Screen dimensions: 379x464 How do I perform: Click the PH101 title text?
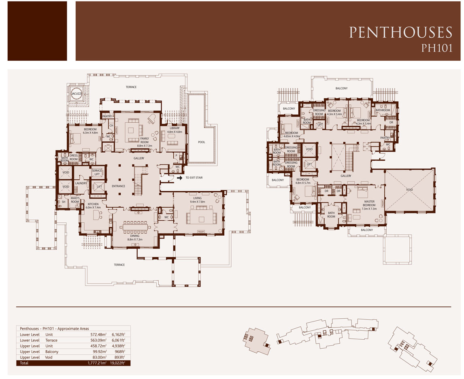(436, 48)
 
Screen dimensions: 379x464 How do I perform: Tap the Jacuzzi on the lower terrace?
(76, 94)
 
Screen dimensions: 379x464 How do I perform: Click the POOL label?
(202, 143)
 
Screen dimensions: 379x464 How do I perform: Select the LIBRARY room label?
(175, 128)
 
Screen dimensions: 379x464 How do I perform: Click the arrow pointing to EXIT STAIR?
(179, 177)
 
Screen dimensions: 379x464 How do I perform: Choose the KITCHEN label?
(93, 204)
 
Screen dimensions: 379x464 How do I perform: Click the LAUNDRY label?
(81, 183)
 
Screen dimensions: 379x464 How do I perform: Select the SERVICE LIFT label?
(96, 172)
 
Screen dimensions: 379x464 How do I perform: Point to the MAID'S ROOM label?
(75, 200)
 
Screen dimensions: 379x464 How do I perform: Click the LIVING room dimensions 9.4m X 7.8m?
(197, 201)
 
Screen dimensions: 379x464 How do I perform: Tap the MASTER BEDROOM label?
(369, 203)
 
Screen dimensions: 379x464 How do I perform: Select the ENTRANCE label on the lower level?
(118, 186)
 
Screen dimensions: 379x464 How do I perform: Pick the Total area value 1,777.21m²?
(96, 363)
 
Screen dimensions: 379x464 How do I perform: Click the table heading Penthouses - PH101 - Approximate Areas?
(54, 329)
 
